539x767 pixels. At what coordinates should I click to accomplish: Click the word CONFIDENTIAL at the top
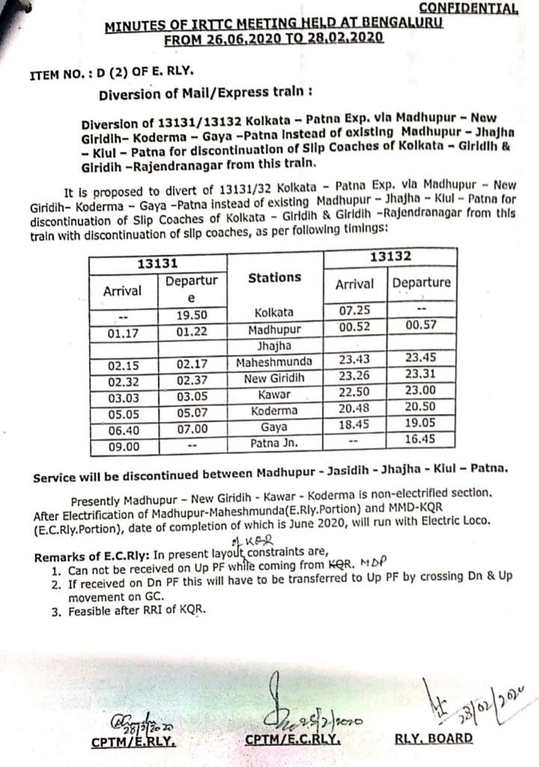468,8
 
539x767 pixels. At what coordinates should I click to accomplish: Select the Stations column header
274,277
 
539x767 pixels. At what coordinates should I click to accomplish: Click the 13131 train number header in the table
156,262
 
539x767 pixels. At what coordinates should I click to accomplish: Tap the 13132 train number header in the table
389,256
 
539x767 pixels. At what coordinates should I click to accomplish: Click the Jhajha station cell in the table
274,347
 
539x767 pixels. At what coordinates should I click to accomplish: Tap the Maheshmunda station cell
274,363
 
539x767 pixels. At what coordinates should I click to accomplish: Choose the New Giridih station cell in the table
274,378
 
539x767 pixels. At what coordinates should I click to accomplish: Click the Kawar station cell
274,395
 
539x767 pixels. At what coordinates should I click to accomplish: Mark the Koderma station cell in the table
274,410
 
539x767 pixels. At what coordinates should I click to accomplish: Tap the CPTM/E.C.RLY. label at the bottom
293,739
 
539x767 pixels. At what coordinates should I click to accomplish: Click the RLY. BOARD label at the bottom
433,738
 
